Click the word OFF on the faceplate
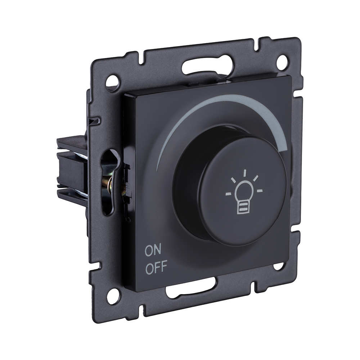pyautogui.click(x=157, y=268)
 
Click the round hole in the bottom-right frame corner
pyautogui.click(x=278, y=266)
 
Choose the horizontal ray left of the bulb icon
pyautogui.click(x=228, y=194)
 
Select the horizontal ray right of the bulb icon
pyautogui.click(x=260, y=190)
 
